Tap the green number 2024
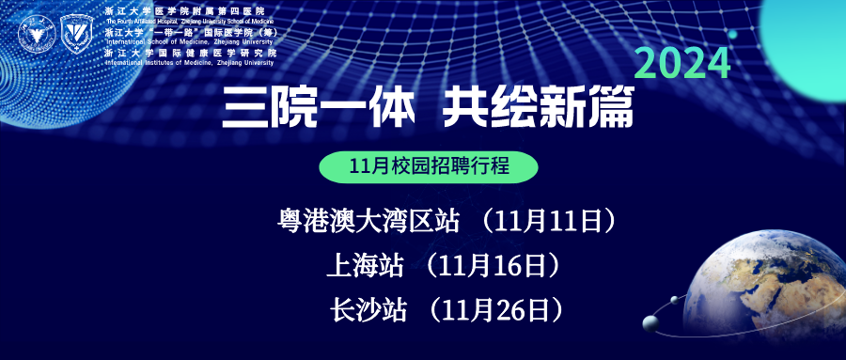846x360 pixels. [683, 64]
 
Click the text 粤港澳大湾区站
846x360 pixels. [368, 221]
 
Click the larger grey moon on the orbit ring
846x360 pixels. [649, 324]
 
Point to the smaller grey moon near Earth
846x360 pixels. [675, 300]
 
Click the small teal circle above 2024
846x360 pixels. [731, 34]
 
